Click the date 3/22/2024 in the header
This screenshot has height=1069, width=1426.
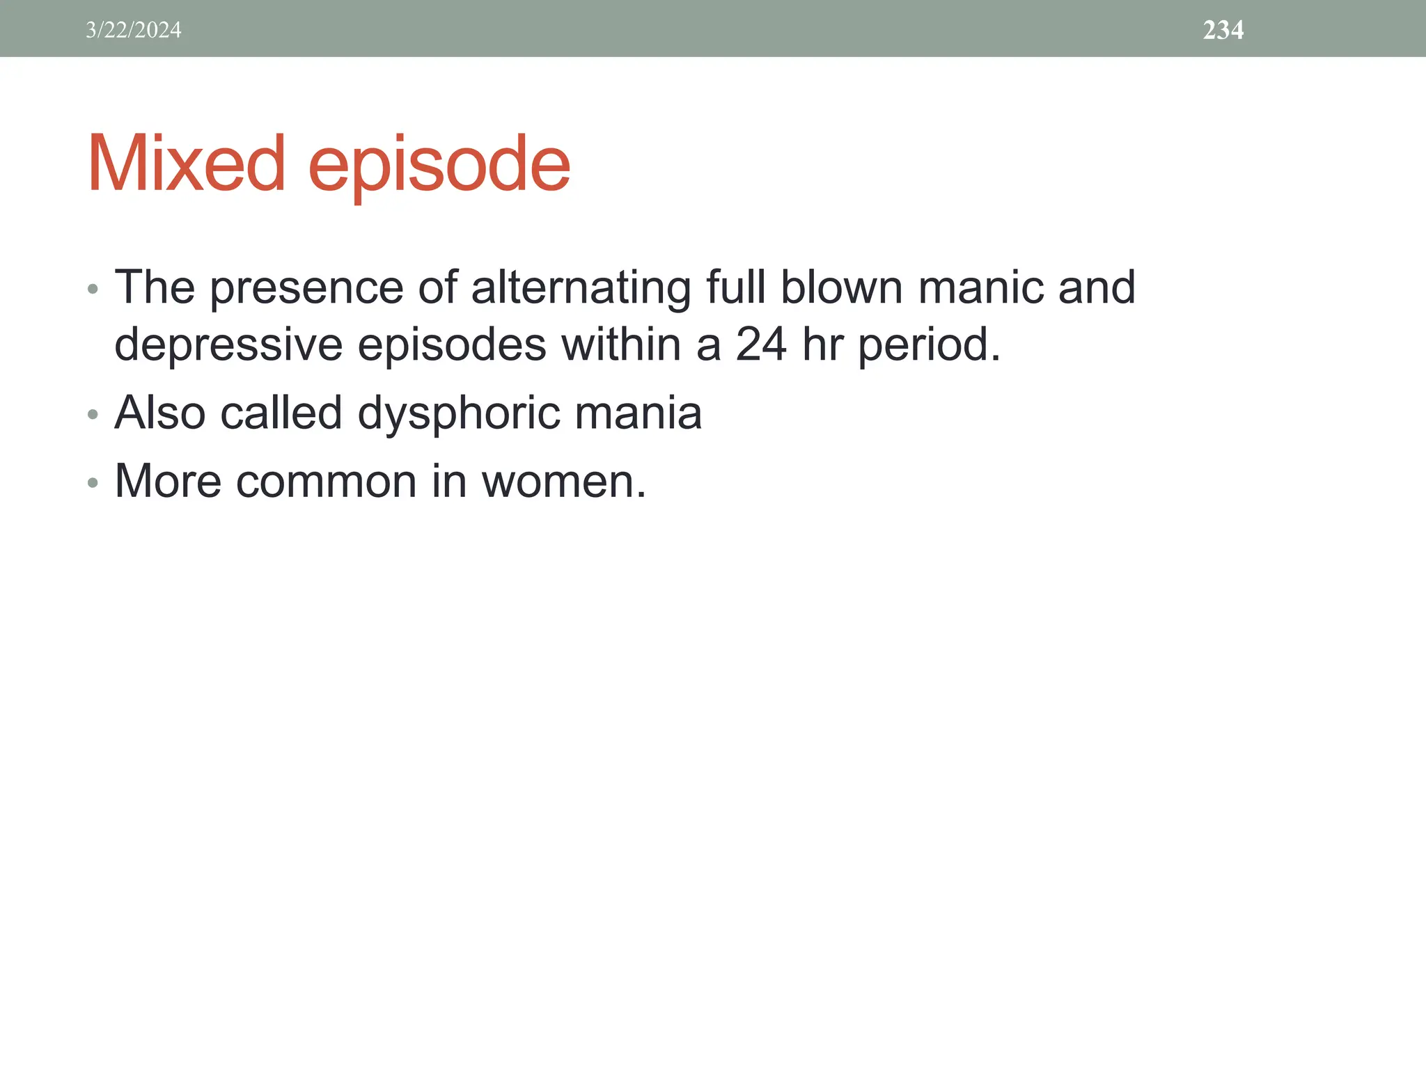(134, 30)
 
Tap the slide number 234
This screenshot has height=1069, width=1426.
(1223, 30)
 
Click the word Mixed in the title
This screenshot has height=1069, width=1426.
(186, 164)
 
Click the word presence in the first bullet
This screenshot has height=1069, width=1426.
(306, 287)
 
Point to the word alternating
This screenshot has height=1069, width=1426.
(581, 287)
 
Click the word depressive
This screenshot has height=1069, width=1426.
(228, 345)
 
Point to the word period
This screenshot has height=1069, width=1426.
(928, 345)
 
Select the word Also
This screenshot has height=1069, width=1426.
(159, 413)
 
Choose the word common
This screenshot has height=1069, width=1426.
(326, 482)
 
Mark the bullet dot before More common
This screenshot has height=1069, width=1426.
(93, 482)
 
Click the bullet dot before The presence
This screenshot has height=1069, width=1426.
(93, 289)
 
